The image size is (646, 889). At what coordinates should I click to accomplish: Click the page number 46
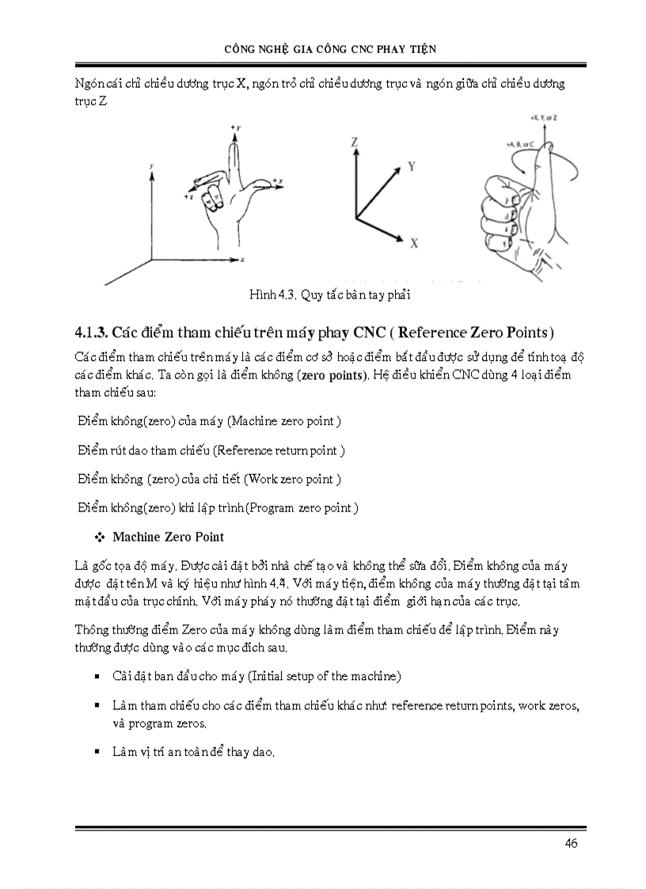pyautogui.click(x=571, y=843)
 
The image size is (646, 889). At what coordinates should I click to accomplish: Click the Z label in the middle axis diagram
pyautogui.click(x=356, y=142)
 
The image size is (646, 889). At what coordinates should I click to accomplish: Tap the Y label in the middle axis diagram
pyautogui.click(x=412, y=166)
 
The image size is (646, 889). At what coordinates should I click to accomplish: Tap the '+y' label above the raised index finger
pyautogui.click(x=235, y=127)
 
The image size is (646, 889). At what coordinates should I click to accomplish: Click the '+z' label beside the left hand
pyautogui.click(x=188, y=196)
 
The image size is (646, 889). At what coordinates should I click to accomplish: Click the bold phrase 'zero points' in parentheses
pyautogui.click(x=334, y=374)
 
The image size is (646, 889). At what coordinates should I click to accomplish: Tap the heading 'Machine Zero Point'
pyautogui.click(x=168, y=537)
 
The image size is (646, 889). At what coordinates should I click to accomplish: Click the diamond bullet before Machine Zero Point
pyautogui.click(x=100, y=538)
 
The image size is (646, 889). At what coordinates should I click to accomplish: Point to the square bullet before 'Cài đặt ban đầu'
pyautogui.click(x=97, y=677)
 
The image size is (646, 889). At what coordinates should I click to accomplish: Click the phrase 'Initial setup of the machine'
pyautogui.click(x=325, y=676)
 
